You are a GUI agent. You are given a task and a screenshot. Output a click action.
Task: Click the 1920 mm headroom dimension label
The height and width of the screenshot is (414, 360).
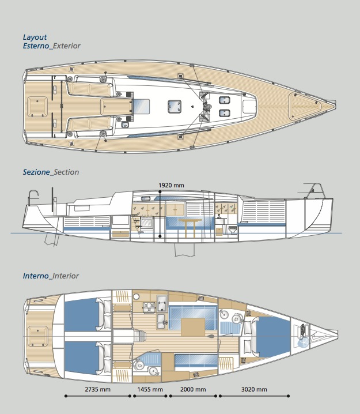[171, 185]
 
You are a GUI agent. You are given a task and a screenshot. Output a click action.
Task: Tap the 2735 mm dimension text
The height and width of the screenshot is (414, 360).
[97, 389]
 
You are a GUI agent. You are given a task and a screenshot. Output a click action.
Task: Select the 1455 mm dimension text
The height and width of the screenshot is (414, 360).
[150, 389]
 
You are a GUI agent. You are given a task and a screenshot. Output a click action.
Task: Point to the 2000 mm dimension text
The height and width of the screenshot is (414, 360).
[193, 389]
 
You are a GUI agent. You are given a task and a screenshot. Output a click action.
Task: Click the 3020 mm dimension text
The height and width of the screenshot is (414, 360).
[254, 389]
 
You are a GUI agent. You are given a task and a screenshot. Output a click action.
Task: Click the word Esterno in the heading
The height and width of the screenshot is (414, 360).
[36, 46]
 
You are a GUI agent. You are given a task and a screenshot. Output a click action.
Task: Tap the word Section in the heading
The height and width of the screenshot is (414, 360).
[66, 172]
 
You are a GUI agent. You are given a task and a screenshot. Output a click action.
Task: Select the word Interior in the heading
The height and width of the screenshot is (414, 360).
[66, 276]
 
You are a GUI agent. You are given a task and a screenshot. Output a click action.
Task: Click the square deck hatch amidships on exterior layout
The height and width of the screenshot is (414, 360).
[175, 107]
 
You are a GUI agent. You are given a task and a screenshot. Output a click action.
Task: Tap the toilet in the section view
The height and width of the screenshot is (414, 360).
[233, 230]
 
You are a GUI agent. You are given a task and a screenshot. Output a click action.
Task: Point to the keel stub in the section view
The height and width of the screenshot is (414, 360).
[185, 250]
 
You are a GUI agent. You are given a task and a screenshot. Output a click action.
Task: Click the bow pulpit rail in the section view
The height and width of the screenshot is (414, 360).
[314, 190]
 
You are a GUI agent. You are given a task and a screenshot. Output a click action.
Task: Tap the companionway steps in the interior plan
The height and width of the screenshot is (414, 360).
[140, 337]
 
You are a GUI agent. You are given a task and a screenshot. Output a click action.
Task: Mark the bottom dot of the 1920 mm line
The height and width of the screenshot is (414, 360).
[160, 236]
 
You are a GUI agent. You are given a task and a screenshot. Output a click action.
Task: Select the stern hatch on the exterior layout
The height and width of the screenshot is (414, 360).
[37, 107]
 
